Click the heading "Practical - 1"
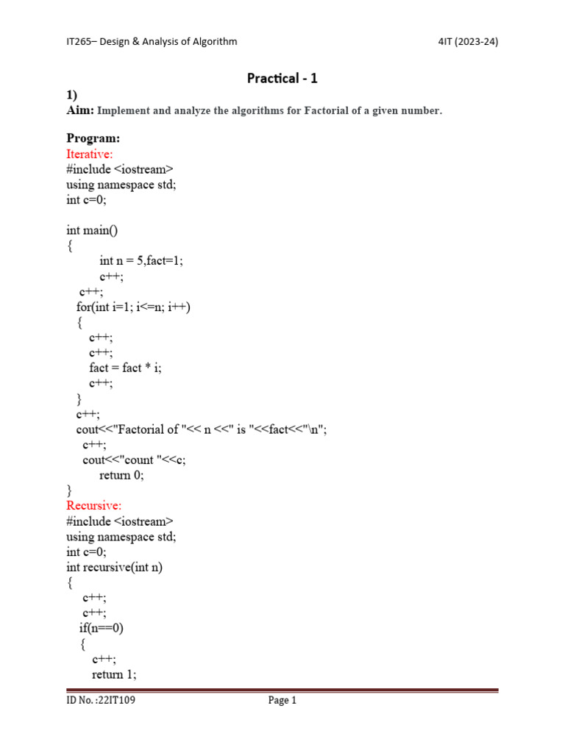[x=282, y=78]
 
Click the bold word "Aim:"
[x=80, y=110]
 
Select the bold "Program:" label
[x=93, y=138]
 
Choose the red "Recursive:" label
[x=94, y=505]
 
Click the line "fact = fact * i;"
[x=125, y=368]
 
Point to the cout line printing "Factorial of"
[x=202, y=429]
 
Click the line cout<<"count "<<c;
[x=134, y=460]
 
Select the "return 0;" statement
[x=122, y=475]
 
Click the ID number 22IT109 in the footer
[x=101, y=701]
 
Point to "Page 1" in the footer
[x=282, y=701]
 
